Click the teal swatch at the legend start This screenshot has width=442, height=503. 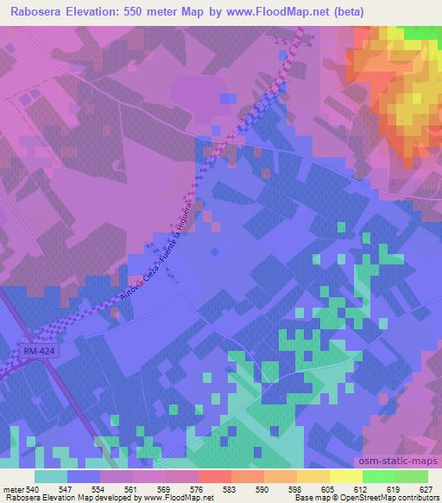click(x=51, y=476)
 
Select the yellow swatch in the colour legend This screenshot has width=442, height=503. click(x=347, y=476)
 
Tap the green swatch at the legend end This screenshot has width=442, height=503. click(x=412, y=476)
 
